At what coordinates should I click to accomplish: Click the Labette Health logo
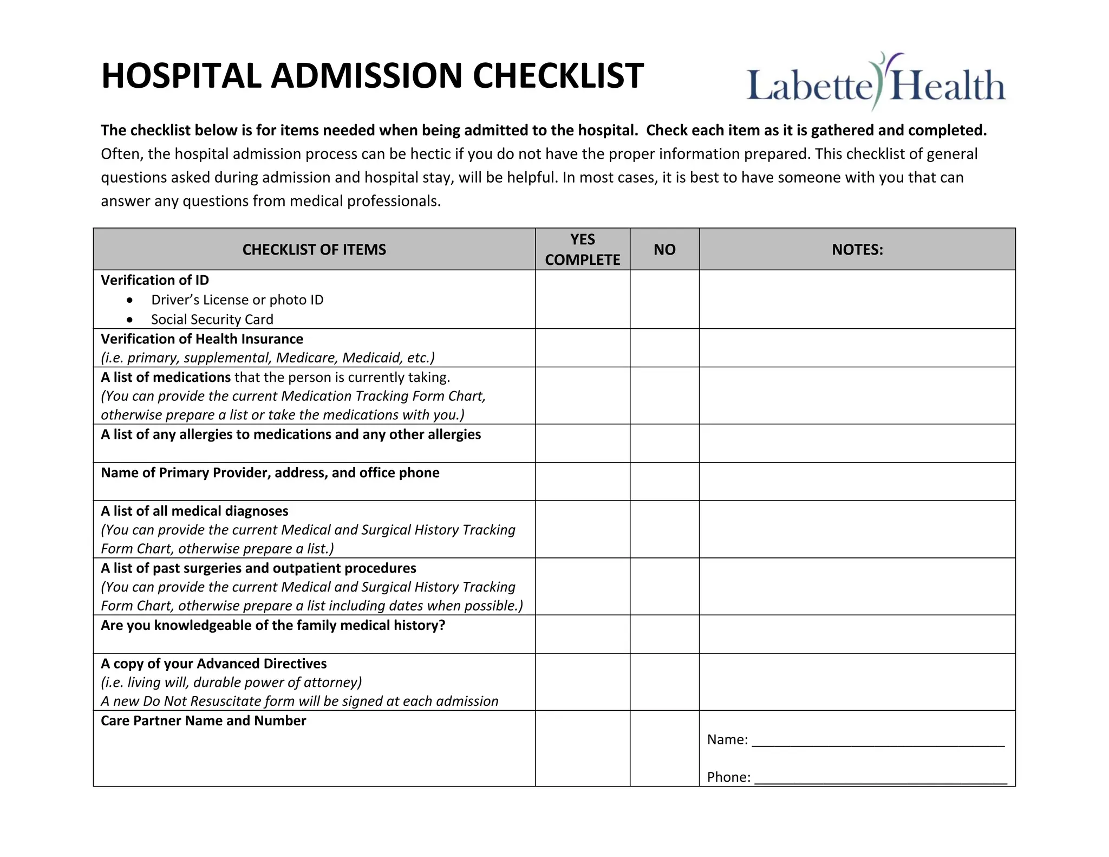coord(875,82)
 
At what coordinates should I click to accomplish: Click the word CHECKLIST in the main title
coord(558,76)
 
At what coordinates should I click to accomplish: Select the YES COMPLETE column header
coord(582,249)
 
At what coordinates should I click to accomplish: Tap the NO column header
coord(664,249)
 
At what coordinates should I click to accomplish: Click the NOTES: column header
coord(857,249)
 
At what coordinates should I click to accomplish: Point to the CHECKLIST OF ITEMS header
coord(314,249)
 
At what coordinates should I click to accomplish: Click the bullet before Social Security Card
coord(129,320)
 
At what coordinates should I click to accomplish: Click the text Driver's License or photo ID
coord(237,300)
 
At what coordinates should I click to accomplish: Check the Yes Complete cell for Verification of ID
coord(582,299)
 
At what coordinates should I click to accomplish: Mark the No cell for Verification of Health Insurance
coord(664,348)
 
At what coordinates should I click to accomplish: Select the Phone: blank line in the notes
coord(880,778)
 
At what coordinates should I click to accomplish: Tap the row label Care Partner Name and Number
coord(203,720)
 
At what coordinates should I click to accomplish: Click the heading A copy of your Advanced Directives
coord(213,664)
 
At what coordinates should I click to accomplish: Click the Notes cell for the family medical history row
coord(857,634)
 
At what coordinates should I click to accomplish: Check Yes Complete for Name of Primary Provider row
coord(582,481)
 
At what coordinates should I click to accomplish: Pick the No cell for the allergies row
coord(664,443)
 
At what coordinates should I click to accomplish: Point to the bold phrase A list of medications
coord(166,377)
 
